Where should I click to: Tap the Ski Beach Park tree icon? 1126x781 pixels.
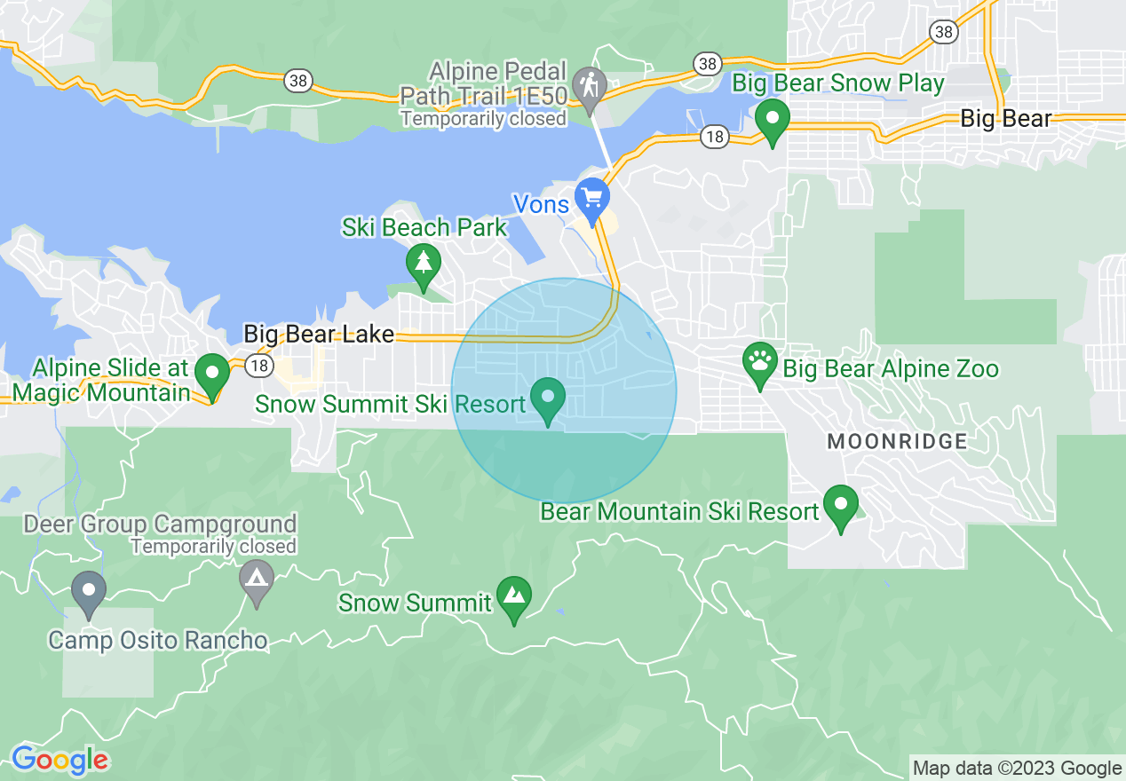pos(424,262)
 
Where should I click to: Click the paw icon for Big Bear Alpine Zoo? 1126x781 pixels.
pos(760,360)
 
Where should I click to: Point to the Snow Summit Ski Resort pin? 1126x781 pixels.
pos(548,396)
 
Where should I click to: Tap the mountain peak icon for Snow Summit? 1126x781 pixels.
pos(513,595)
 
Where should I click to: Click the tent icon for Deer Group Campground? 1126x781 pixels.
pos(257,578)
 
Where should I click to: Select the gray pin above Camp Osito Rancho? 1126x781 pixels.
pos(88,590)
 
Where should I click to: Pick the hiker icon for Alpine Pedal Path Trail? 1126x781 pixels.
pos(589,86)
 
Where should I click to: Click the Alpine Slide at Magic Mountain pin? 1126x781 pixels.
pos(212,372)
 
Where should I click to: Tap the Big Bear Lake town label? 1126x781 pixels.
pos(319,335)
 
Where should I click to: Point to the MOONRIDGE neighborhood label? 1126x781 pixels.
pos(897,441)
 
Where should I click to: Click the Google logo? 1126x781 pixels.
pos(59,760)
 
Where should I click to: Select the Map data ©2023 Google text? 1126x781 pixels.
pos(1018,769)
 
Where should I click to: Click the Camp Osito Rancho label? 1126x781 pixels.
pos(157,640)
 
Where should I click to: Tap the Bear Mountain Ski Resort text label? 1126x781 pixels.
pos(679,512)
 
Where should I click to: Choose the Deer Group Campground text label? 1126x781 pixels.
pos(160,525)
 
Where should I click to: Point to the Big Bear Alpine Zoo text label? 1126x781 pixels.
pos(892,369)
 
